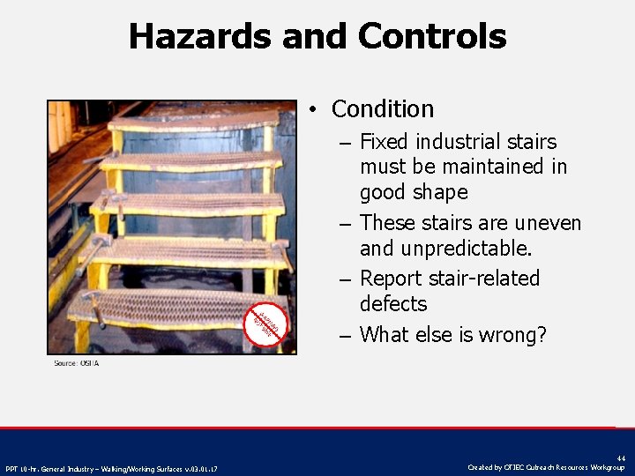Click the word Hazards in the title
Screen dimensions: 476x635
[x=200, y=37]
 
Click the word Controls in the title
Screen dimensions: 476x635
[x=432, y=37]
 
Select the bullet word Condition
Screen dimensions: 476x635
[x=383, y=109]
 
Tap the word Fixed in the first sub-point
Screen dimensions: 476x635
[x=385, y=141]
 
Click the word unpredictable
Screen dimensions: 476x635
[x=462, y=249]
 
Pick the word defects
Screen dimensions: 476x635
[x=393, y=304]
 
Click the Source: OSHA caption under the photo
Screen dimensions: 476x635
[x=76, y=363]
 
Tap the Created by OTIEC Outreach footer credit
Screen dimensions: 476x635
[x=547, y=467]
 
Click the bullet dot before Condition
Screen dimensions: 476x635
[x=313, y=110]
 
